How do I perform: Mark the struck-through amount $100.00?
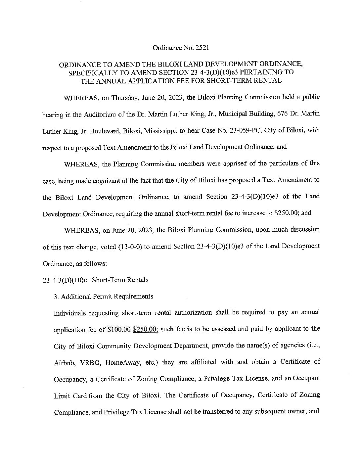(119, 329)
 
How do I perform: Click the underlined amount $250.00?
(145, 329)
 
